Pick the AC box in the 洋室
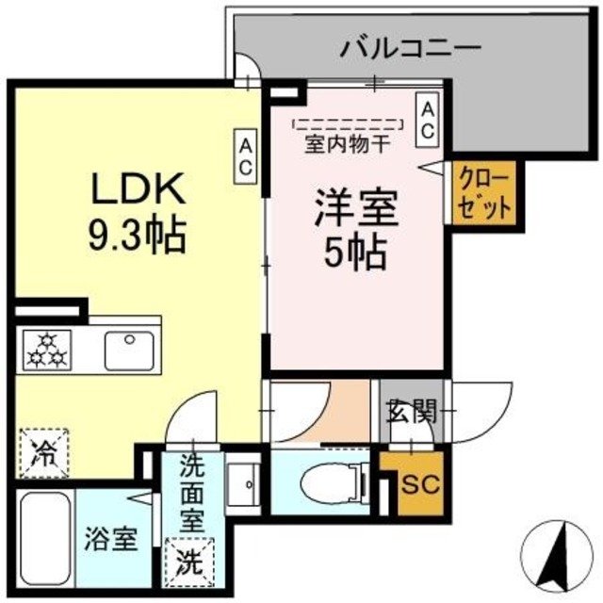427,120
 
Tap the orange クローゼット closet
484,194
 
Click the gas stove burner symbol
41,351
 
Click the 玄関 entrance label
411,411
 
